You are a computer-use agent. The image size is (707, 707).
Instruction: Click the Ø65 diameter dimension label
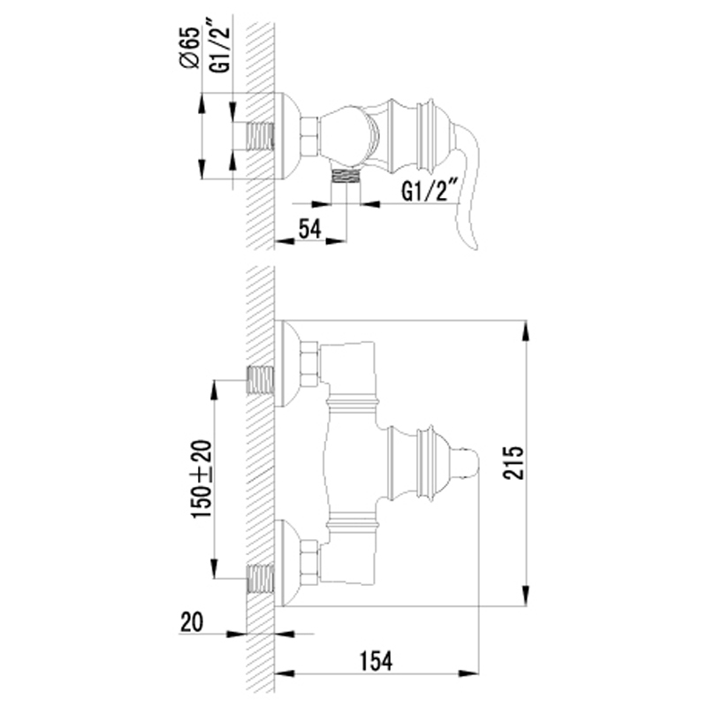coord(189,48)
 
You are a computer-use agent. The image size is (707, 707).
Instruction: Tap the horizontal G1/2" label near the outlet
coord(430,190)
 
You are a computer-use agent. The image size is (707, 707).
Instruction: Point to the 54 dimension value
coord(310,229)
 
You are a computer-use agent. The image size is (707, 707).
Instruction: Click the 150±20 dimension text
coord(201,479)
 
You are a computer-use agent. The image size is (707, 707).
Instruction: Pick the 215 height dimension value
coord(513,462)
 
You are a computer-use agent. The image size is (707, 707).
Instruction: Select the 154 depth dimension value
coord(376,661)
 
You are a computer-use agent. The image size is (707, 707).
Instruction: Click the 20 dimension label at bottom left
coord(192,622)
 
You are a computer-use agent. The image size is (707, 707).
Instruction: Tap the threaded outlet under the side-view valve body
coord(346,175)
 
